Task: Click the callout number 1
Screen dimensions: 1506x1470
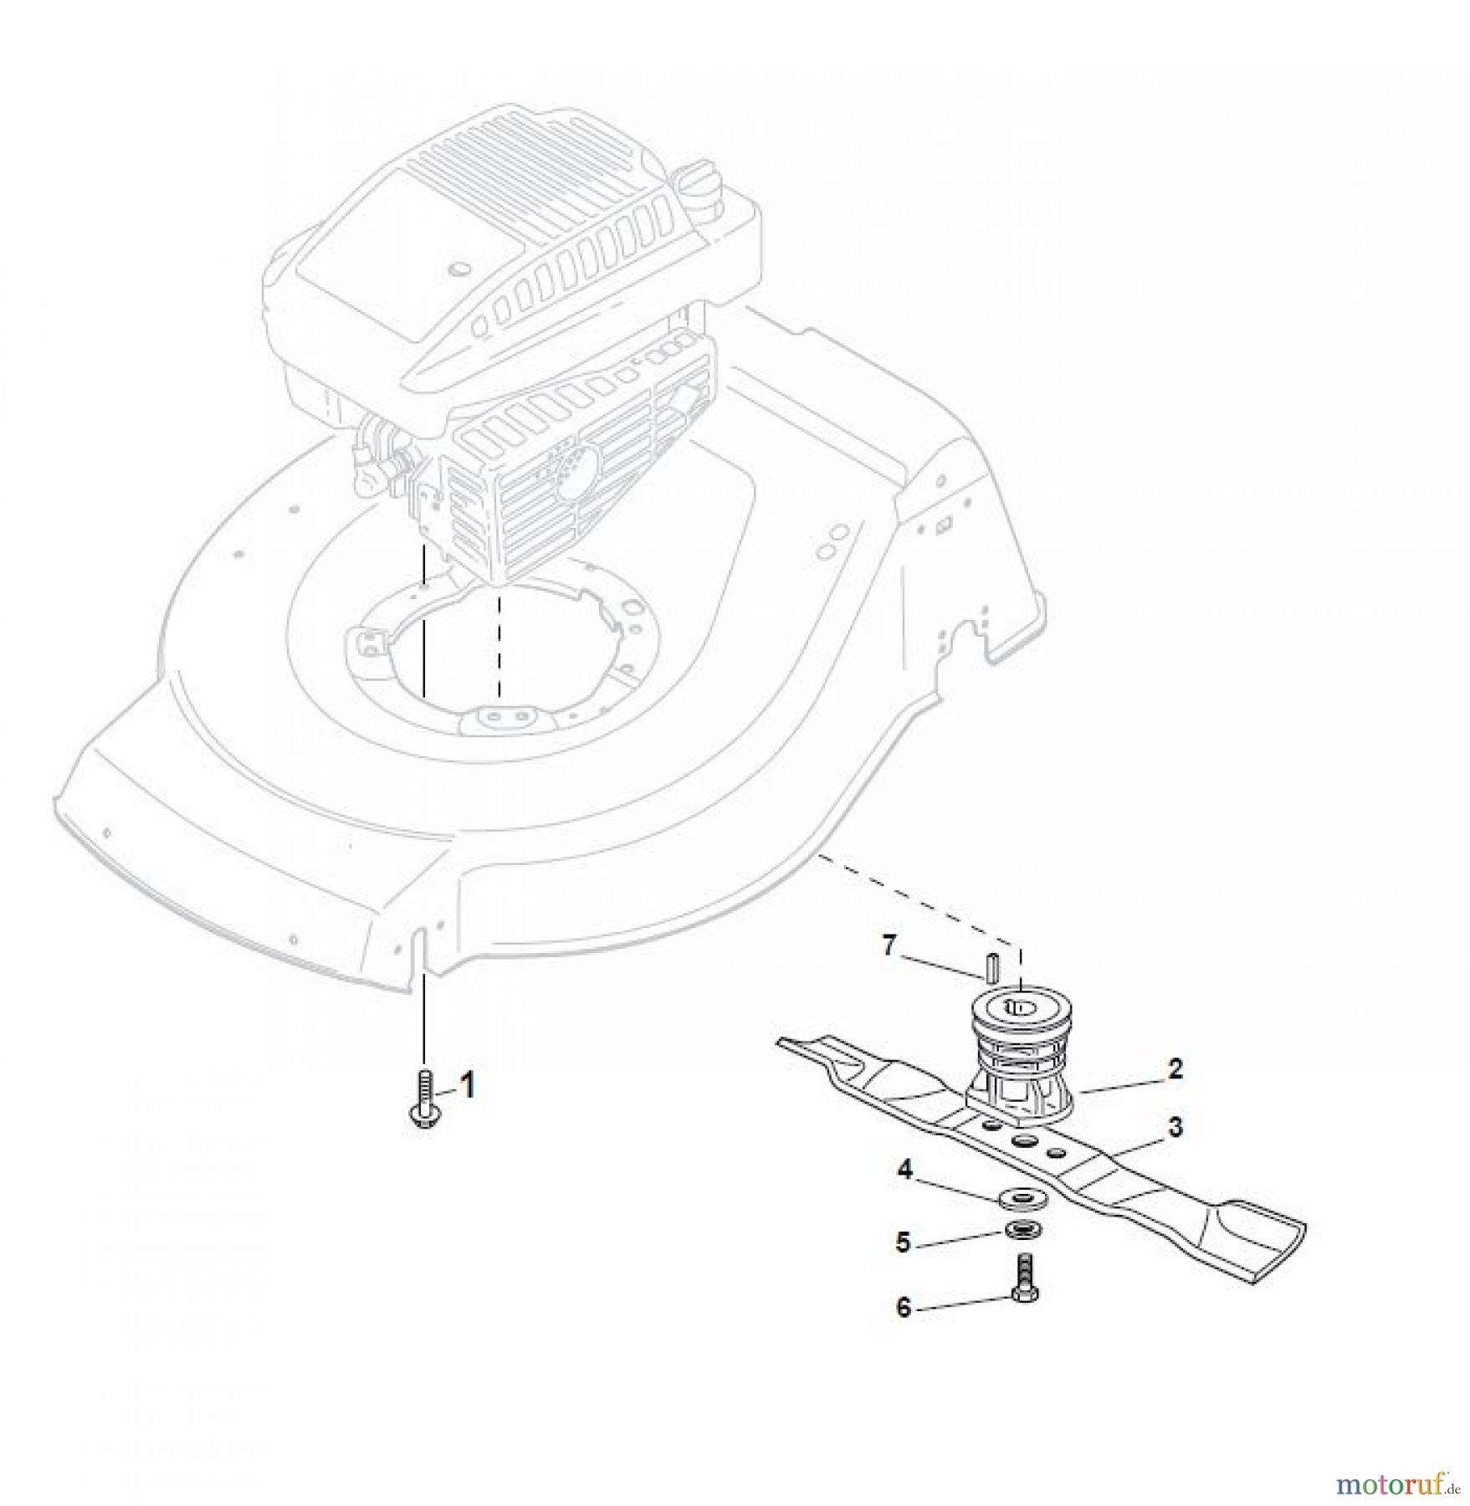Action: coord(468,1086)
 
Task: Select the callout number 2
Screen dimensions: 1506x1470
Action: coord(1175,1068)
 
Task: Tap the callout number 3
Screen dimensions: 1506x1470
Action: coord(1175,1127)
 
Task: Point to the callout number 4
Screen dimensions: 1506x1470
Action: coord(904,1170)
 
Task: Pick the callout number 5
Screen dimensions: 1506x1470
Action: coord(903,1242)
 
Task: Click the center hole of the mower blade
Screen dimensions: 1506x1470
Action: coord(1022,1141)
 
